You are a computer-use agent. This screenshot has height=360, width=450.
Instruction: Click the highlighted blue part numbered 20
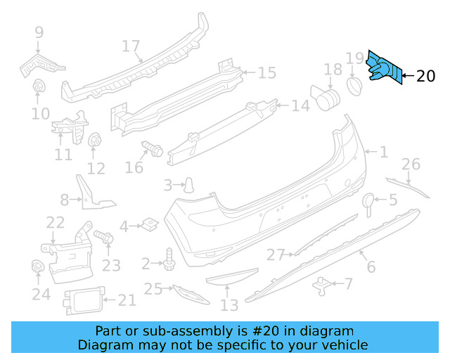point(385,69)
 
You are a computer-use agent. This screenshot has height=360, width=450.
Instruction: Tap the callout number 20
point(426,77)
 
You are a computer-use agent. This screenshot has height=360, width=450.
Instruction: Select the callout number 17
point(131,46)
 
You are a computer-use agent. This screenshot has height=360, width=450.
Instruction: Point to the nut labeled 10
point(39,88)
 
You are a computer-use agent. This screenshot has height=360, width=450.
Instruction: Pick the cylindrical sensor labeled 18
point(326,97)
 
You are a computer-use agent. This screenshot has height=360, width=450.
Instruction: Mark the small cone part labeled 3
point(189,185)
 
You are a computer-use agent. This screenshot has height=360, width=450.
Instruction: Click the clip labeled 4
point(148,225)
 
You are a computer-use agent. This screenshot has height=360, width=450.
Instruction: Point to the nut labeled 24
point(39,268)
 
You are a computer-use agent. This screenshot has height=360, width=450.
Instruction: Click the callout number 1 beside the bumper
point(384,151)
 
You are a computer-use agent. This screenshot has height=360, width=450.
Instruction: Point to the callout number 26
point(411,165)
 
